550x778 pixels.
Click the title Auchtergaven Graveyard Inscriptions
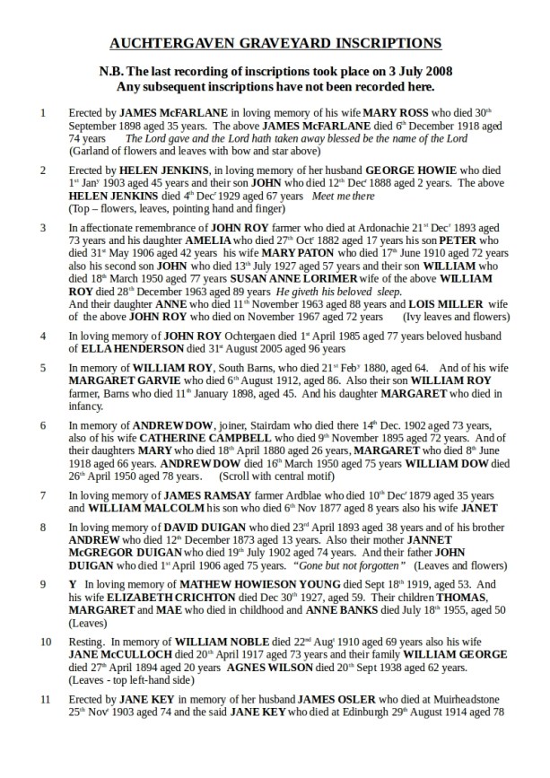pos(275,42)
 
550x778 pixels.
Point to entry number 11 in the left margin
pos(45,699)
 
